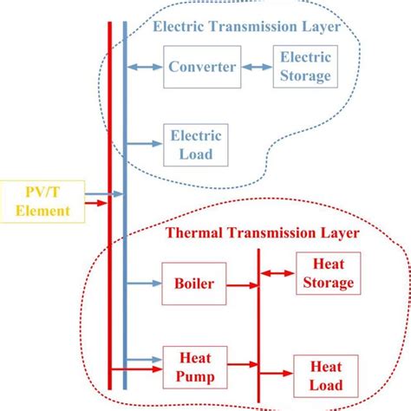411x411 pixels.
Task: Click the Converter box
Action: click(x=202, y=67)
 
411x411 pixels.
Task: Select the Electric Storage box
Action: click(x=303, y=67)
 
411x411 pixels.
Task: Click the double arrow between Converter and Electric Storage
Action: click(x=258, y=67)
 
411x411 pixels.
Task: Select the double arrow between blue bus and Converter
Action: click(x=145, y=67)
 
